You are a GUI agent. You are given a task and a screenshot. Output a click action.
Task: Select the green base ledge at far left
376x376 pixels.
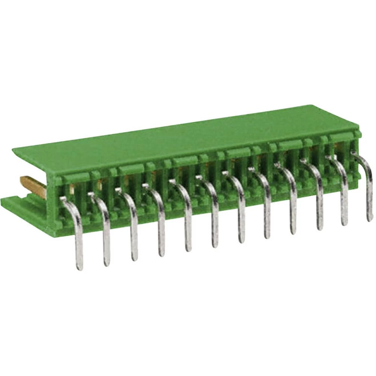[15, 205]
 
